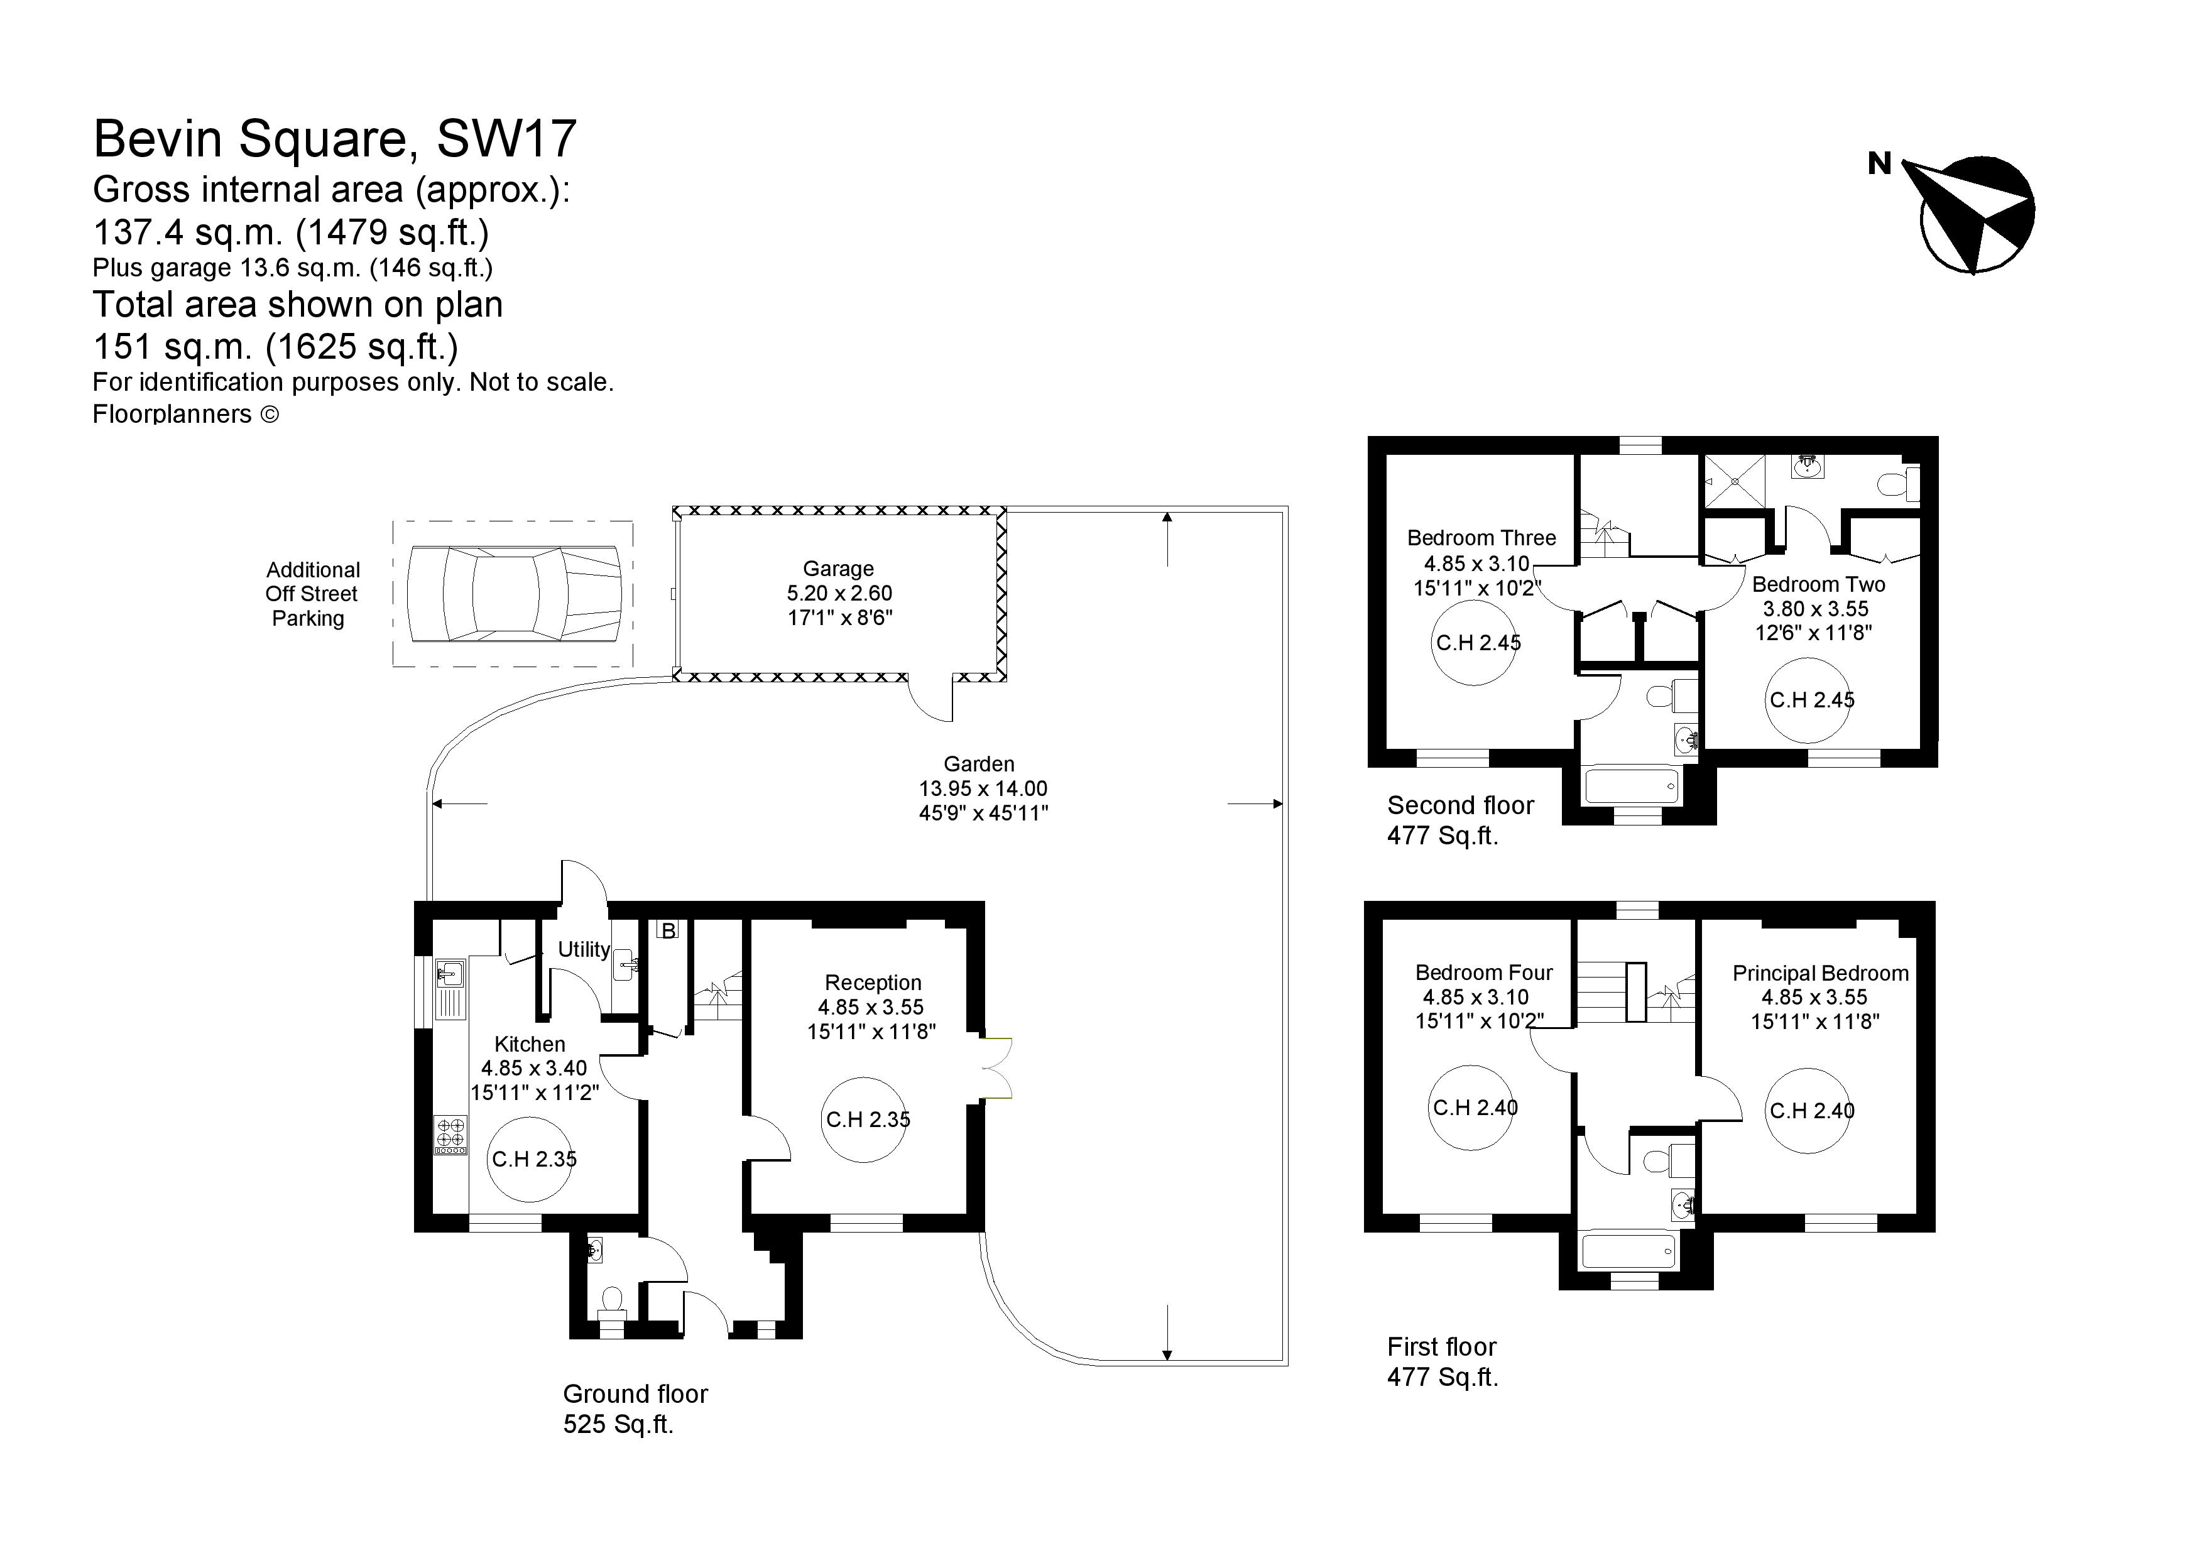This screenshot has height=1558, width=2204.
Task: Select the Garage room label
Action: pyautogui.click(x=839, y=569)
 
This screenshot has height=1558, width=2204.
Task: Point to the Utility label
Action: pyautogui.click(x=584, y=949)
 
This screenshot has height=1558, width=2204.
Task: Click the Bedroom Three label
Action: pyautogui.click(x=1481, y=538)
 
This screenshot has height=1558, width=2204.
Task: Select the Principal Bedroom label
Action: pyautogui.click(x=1820, y=973)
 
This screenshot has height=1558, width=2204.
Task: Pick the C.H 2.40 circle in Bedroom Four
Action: pyautogui.click(x=1471, y=1108)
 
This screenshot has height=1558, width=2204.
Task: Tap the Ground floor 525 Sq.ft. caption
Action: pyautogui.click(x=635, y=1408)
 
